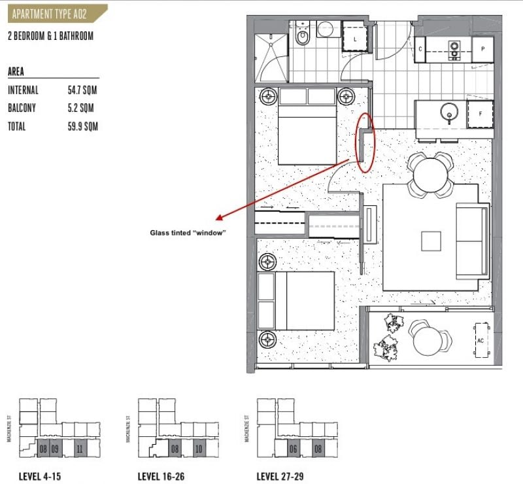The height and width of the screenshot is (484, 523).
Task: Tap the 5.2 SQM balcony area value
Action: [x=78, y=109]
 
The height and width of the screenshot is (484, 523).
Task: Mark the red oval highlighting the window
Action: [x=366, y=142]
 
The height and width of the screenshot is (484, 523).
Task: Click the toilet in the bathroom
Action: [x=302, y=36]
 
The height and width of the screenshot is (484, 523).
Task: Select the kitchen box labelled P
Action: [x=482, y=49]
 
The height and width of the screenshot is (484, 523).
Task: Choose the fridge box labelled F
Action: [x=479, y=114]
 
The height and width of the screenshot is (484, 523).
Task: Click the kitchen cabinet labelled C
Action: [x=420, y=49]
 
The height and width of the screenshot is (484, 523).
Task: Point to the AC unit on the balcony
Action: [x=481, y=340]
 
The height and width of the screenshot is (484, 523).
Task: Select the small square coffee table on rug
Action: [x=431, y=241]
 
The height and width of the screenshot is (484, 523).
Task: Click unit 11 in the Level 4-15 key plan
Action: [x=78, y=449]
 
